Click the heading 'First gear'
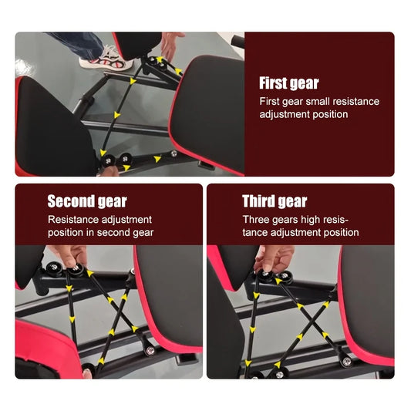(288, 84)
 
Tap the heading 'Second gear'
(87, 202)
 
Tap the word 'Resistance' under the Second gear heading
(74, 220)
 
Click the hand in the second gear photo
(71, 255)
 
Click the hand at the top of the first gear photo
(171, 44)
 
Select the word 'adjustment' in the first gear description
(285, 114)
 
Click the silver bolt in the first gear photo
(173, 153)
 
